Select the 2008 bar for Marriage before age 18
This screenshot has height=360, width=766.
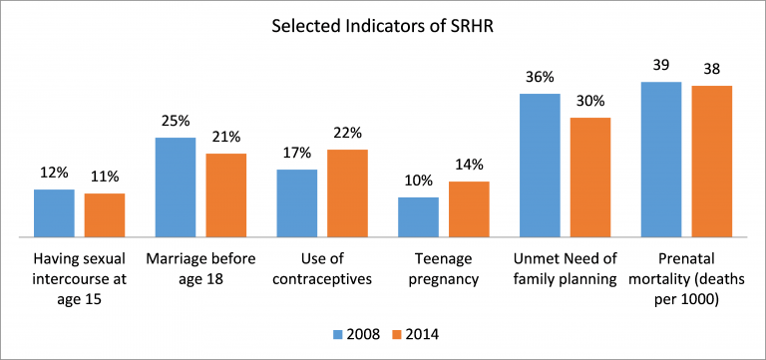(176, 187)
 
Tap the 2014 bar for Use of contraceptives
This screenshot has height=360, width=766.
(348, 193)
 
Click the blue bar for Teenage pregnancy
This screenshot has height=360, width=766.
(418, 217)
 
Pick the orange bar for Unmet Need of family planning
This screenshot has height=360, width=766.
(589, 178)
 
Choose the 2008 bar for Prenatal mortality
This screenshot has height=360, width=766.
(660, 160)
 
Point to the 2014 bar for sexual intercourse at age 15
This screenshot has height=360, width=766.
(105, 215)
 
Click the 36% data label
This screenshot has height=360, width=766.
(540, 77)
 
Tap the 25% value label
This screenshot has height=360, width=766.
(176, 121)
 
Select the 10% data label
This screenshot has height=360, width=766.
(418, 180)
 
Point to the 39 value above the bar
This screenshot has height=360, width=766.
(660, 65)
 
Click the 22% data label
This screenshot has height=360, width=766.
(348, 133)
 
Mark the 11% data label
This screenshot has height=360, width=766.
(105, 177)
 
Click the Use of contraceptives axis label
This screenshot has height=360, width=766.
(322, 269)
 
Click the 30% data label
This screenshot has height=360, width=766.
(589, 101)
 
